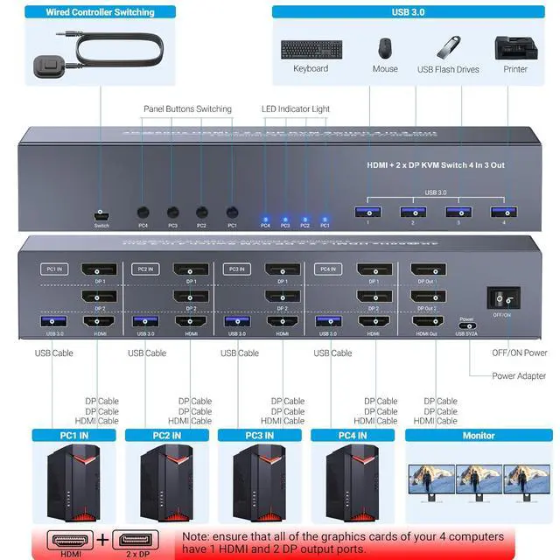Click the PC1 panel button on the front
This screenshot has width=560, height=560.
[x=232, y=213]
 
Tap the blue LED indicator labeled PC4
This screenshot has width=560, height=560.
[x=265, y=218]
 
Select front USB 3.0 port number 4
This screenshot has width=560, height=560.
[x=499, y=211]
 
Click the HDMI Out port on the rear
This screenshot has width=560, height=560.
[x=427, y=323]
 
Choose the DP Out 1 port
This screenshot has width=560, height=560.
[x=427, y=270]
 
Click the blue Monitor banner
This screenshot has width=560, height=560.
[x=479, y=435]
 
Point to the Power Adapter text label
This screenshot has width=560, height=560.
[x=520, y=376]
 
